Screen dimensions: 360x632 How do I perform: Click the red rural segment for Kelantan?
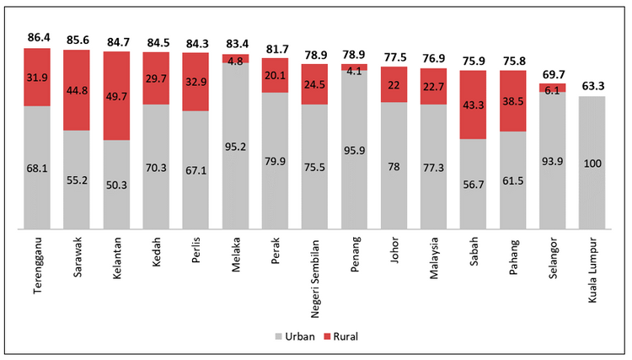click(116, 95)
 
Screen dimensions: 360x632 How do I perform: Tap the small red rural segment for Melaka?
click(235, 59)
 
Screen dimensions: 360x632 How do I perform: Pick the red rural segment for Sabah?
click(474, 105)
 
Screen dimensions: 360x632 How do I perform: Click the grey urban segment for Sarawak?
click(77, 179)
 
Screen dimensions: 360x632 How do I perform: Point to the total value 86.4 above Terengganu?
click(37, 38)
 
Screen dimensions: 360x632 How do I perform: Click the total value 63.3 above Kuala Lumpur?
click(592, 85)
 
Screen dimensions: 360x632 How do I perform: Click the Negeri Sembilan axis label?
click(315, 269)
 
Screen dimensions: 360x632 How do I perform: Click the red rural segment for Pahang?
click(513, 100)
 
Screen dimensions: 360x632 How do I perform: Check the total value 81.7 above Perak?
click(276, 49)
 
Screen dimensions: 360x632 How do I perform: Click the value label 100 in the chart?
click(592, 164)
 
